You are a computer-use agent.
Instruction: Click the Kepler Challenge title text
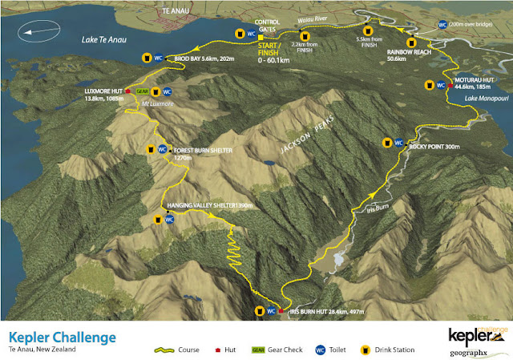tap(62, 338)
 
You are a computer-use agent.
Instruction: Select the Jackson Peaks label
tap(299, 138)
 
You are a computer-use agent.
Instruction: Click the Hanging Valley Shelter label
tap(209, 205)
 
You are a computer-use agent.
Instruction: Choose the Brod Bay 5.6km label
tap(199, 59)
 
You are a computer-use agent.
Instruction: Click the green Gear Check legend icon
tap(257, 350)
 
